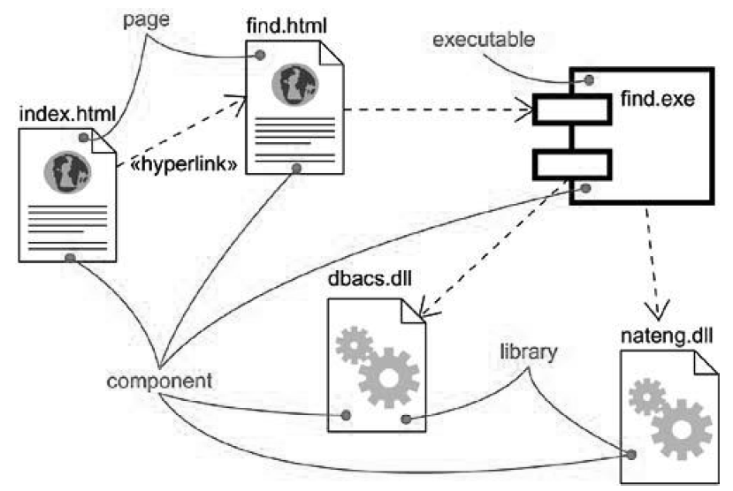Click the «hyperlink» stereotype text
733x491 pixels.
point(184,163)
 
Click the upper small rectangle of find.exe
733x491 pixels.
point(572,110)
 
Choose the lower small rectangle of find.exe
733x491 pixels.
point(572,163)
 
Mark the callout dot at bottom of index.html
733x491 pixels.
point(71,257)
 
